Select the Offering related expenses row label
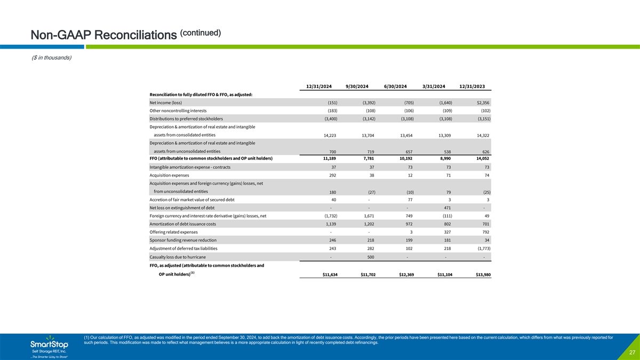coord(173,232)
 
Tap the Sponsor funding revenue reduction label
coord(181,241)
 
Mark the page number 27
coord(632,353)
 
